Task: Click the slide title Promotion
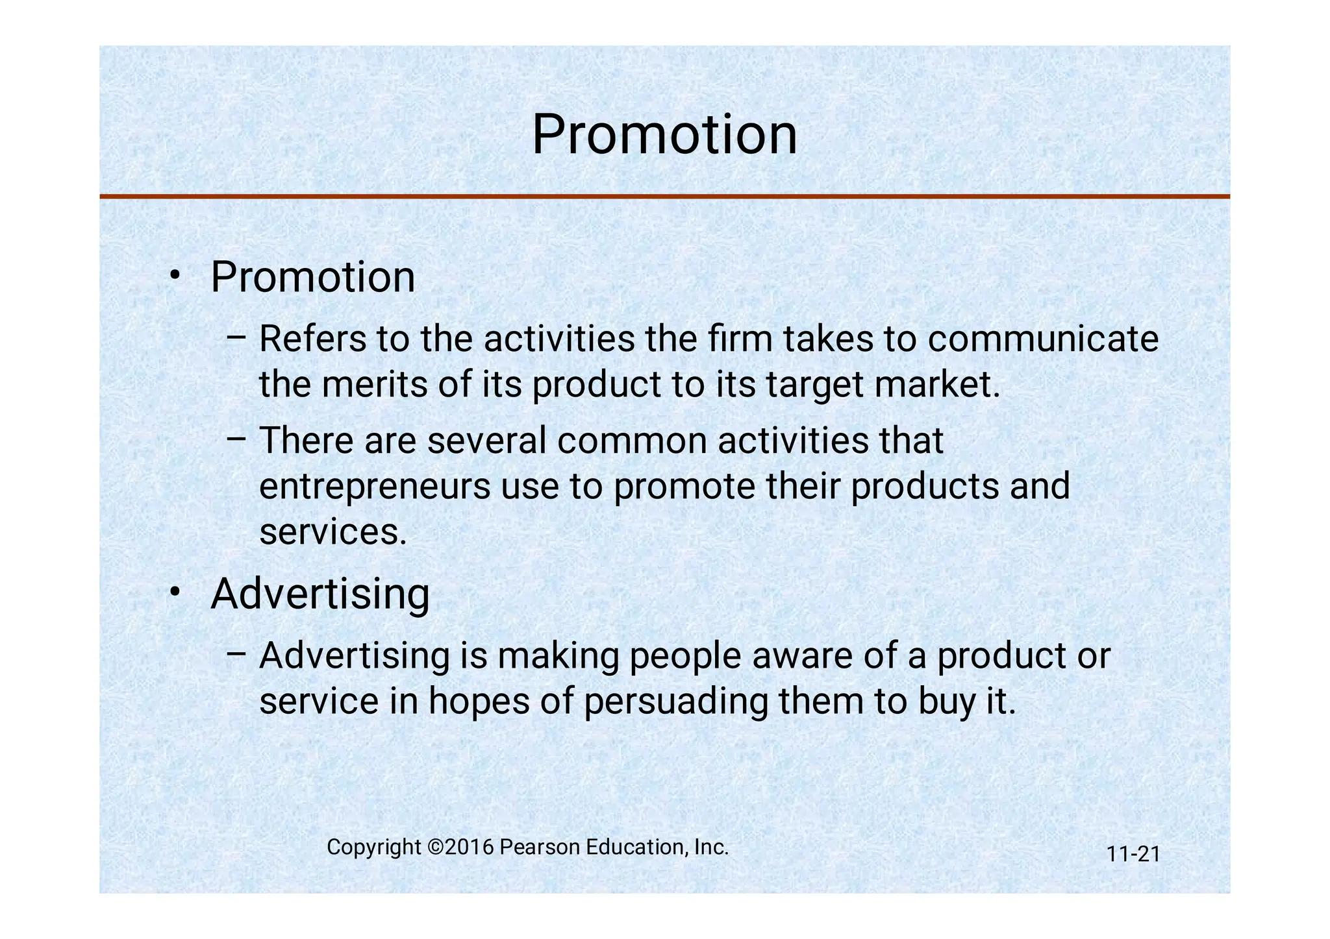(664, 135)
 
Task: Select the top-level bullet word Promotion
(312, 277)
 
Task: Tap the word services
(332, 532)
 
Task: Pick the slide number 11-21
(1133, 854)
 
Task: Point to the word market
(936, 384)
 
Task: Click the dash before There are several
(236, 438)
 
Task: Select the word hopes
(479, 701)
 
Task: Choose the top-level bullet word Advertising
(320, 594)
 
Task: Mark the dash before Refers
(236, 337)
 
